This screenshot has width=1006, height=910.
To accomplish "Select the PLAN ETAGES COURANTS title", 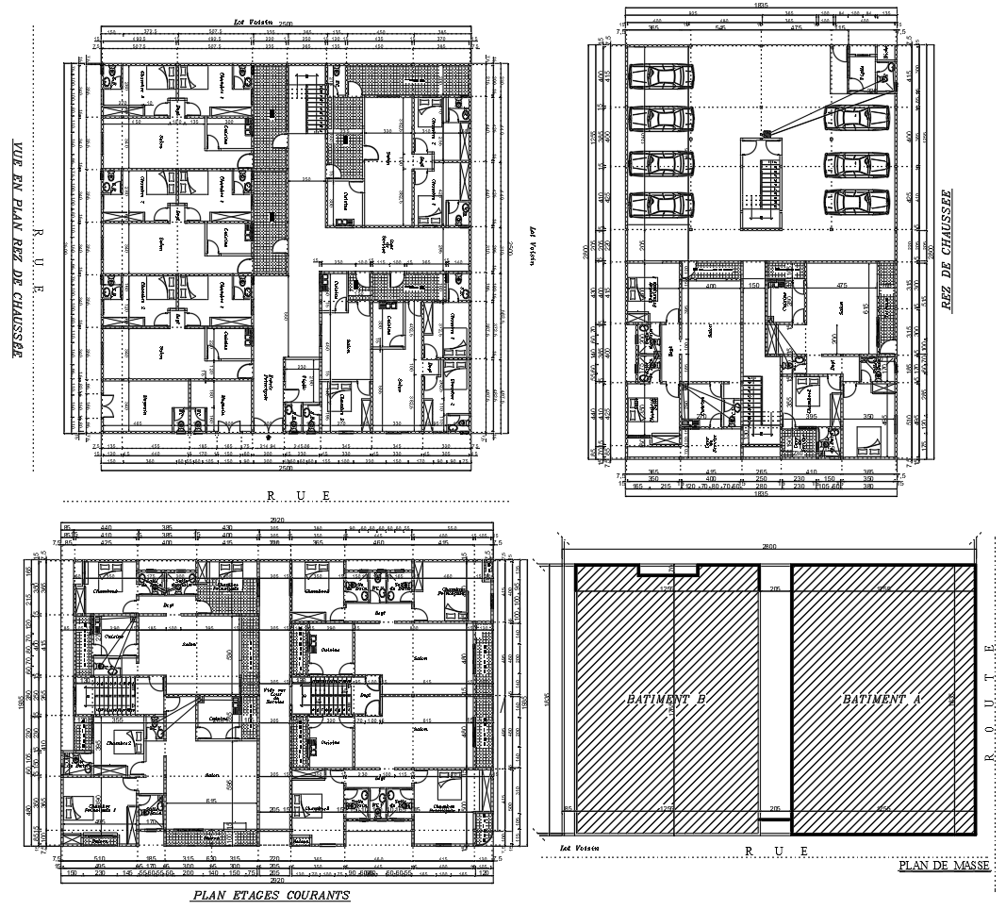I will pyautogui.click(x=271, y=895).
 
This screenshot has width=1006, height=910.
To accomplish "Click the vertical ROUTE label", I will pyautogui.click(x=989, y=703).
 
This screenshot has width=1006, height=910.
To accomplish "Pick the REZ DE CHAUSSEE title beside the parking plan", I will pyautogui.click(x=946, y=249).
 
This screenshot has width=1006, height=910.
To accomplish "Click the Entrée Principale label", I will pyautogui.click(x=274, y=379).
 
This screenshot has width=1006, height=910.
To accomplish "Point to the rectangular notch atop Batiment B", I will pyautogui.click(x=668, y=570).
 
